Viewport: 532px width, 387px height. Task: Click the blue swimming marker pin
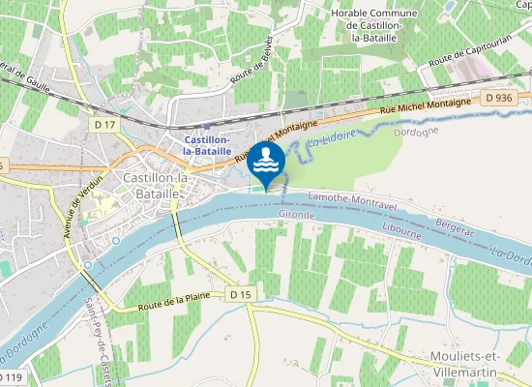pyautogui.click(x=266, y=162)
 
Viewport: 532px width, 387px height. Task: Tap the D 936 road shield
pyautogui.click(x=499, y=98)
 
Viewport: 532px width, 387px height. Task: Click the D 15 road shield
pyautogui.click(x=242, y=293)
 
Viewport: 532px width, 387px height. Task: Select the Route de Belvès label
pyautogui.click(x=248, y=61)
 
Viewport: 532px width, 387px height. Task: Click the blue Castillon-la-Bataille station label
pyautogui.click(x=207, y=145)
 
